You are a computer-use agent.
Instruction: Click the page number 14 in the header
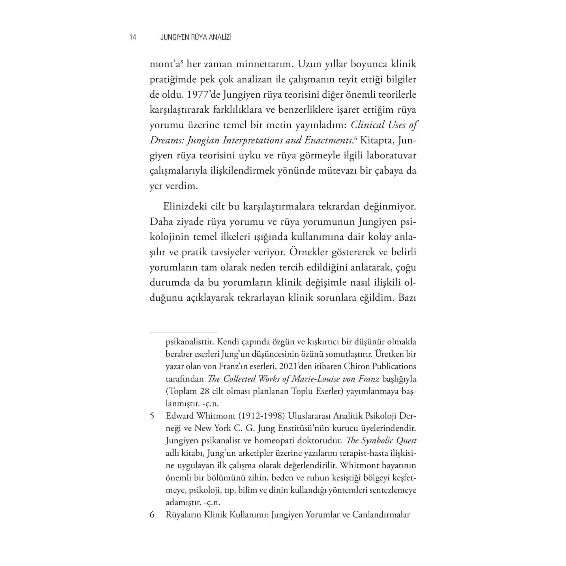[133, 37]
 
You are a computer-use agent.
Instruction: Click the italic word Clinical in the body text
[367, 125]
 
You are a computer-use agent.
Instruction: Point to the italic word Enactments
[328, 140]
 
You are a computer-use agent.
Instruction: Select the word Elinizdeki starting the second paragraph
[185, 207]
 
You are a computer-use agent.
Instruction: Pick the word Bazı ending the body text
[407, 298]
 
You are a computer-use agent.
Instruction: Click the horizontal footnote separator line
[183, 332]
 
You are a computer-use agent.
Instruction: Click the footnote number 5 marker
[152, 416]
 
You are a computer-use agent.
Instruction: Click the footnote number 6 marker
[152, 515]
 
